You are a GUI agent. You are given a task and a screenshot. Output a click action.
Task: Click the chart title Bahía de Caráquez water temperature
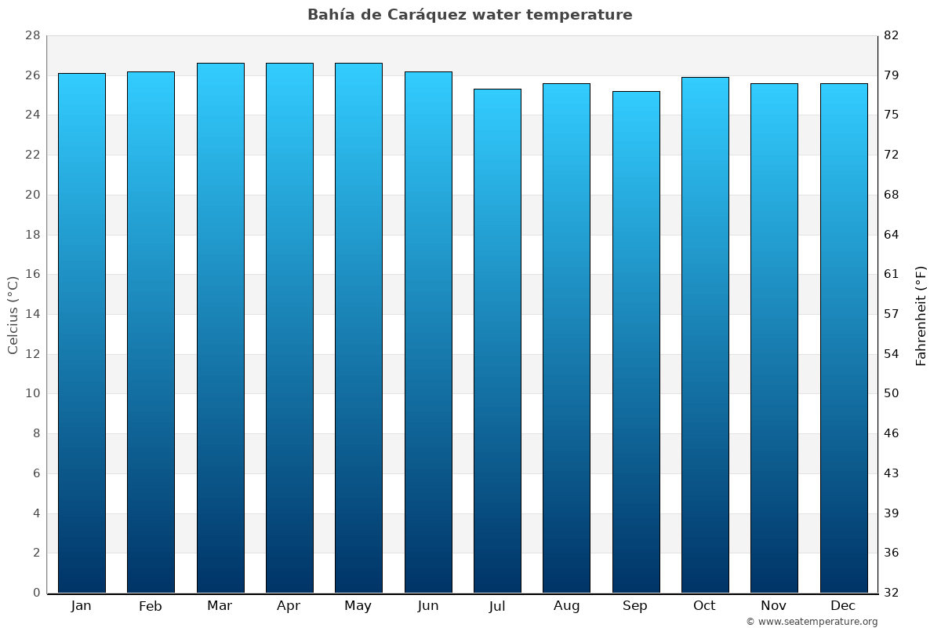point(470,15)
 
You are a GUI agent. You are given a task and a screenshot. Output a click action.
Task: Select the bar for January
point(82,333)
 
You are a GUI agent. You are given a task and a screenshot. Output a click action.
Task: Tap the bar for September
point(636,342)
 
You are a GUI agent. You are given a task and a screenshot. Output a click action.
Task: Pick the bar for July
point(497,341)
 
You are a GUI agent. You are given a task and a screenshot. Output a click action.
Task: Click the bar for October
point(705,334)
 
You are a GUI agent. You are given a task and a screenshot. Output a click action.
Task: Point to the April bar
point(289,328)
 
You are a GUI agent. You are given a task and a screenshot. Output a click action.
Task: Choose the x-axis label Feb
point(151,606)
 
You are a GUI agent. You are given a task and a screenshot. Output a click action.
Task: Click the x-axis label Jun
point(428,606)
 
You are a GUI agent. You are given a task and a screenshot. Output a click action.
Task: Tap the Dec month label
point(843,605)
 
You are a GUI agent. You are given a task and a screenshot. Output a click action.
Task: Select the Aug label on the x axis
point(566,606)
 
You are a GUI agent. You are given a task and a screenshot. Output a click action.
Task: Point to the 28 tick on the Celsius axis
point(32,36)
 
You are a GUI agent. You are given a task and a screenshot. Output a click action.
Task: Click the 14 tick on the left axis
point(32,314)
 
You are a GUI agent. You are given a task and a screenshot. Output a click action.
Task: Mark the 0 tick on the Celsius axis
point(36,593)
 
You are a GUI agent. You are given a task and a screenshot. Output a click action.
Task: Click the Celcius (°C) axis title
point(13,315)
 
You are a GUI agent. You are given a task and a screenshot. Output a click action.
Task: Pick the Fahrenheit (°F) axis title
point(921,316)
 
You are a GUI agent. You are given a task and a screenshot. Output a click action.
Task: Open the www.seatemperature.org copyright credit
point(811,622)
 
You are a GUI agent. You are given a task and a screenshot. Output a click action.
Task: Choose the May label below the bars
point(358,606)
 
